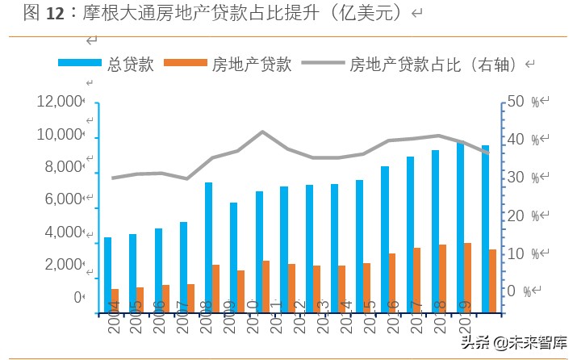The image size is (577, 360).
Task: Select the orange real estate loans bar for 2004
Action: pyautogui.click(x=115, y=294)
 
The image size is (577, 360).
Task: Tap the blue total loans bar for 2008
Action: pyautogui.click(x=208, y=241)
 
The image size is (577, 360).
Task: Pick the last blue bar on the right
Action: pyautogui.click(x=485, y=223)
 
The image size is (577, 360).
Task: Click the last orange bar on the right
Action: pyautogui.click(x=492, y=274)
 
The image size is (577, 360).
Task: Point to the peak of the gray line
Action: pyautogui.click(x=263, y=132)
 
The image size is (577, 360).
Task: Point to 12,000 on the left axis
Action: pyautogui.click(x=60, y=101)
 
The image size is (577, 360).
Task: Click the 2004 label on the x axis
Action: pyautogui.click(x=113, y=317)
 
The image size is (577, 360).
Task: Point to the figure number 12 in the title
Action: pyautogui.click(x=55, y=13)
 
